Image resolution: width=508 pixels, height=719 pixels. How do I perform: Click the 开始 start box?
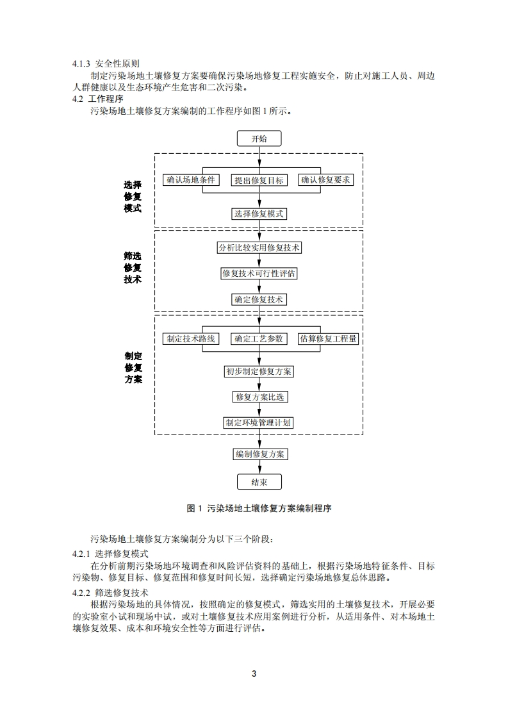tap(259, 138)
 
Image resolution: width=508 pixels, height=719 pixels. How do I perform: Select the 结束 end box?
tap(259, 482)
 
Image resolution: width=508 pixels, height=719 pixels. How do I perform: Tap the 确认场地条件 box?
tap(190, 180)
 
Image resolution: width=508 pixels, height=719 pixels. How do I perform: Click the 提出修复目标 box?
tap(259, 180)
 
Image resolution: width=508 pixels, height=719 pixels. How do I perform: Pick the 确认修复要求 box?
tap(327, 180)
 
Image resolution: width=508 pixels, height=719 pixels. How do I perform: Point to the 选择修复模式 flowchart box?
tap(259, 214)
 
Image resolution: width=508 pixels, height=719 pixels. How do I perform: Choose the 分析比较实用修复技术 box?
tap(259, 247)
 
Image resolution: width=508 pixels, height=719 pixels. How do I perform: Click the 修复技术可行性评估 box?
tap(259, 274)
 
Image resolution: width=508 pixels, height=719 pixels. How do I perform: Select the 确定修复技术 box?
tap(259, 299)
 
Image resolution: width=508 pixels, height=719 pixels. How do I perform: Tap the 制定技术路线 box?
tap(190, 338)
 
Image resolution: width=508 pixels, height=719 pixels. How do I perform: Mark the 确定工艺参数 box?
tap(259, 338)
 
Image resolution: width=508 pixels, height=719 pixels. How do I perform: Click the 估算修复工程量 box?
tap(328, 338)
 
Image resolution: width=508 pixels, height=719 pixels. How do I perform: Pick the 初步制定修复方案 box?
tap(259, 371)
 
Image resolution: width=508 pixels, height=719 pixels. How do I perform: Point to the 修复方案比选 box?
tap(259, 397)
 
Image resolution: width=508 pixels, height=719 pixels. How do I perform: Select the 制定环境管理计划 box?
tap(259, 422)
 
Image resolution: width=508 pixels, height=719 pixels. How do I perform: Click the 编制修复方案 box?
tap(259, 454)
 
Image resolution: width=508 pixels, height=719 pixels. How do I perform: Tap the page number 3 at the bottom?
tap(254, 674)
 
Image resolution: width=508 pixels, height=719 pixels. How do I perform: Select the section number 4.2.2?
tap(81, 593)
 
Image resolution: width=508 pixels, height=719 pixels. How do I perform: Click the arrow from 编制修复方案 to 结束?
tap(259, 467)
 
